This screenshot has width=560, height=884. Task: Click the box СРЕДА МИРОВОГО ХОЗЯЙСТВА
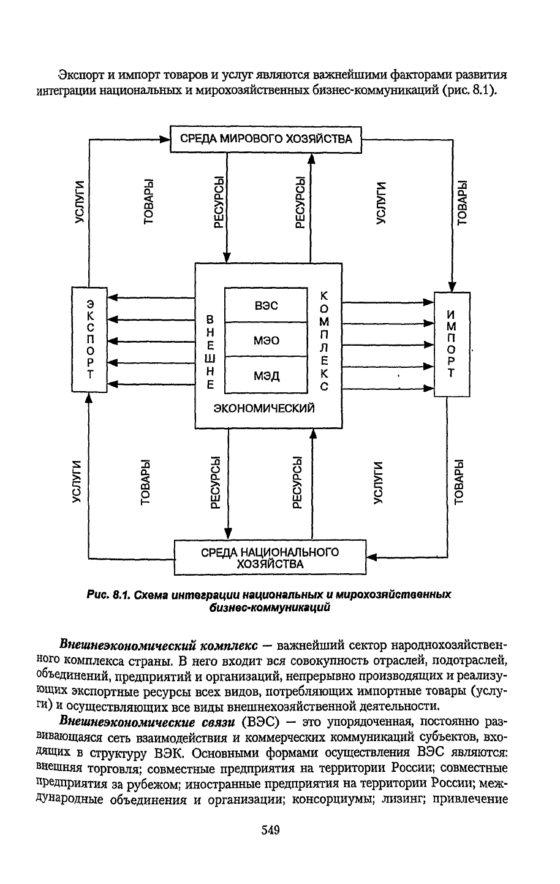click(266, 139)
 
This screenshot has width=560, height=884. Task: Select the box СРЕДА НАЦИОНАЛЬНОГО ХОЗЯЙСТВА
click(270, 557)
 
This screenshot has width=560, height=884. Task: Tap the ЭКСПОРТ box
click(89, 338)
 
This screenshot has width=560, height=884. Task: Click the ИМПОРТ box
click(452, 344)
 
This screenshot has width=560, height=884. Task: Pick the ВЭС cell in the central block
click(265, 305)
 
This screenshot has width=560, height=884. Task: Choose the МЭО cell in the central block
click(265, 340)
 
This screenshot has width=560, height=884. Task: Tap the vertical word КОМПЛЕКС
click(325, 341)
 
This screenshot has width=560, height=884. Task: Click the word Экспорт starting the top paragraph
click(80, 75)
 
